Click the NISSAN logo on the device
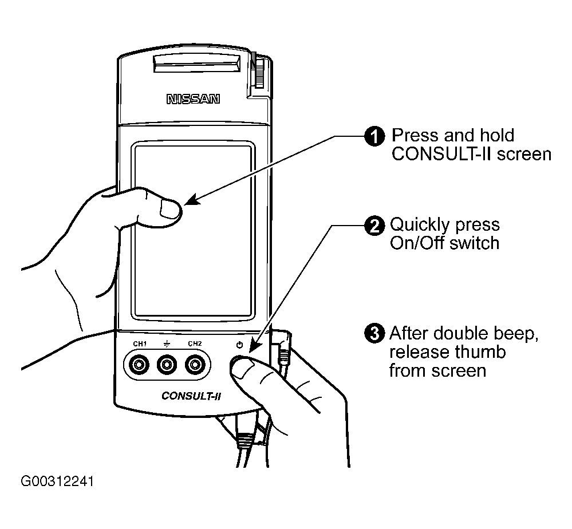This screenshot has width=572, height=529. (194, 99)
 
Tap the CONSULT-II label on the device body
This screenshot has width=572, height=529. (191, 396)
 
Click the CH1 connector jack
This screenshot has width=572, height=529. (139, 365)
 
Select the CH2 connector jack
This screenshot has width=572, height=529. (195, 365)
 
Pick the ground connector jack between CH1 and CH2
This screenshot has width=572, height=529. (167, 365)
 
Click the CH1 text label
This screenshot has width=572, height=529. (140, 344)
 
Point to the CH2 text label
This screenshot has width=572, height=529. (195, 344)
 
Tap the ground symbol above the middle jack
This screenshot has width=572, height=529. (167, 344)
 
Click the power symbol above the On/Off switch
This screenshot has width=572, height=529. (240, 345)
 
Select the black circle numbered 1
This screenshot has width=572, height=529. (374, 136)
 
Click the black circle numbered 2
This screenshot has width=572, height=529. (374, 226)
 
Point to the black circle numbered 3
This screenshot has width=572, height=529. (374, 333)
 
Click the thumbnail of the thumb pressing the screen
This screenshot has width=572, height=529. (170, 210)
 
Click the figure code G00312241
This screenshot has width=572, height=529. (57, 481)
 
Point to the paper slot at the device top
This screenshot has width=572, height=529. (197, 64)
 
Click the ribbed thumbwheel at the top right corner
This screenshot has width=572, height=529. (259, 71)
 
